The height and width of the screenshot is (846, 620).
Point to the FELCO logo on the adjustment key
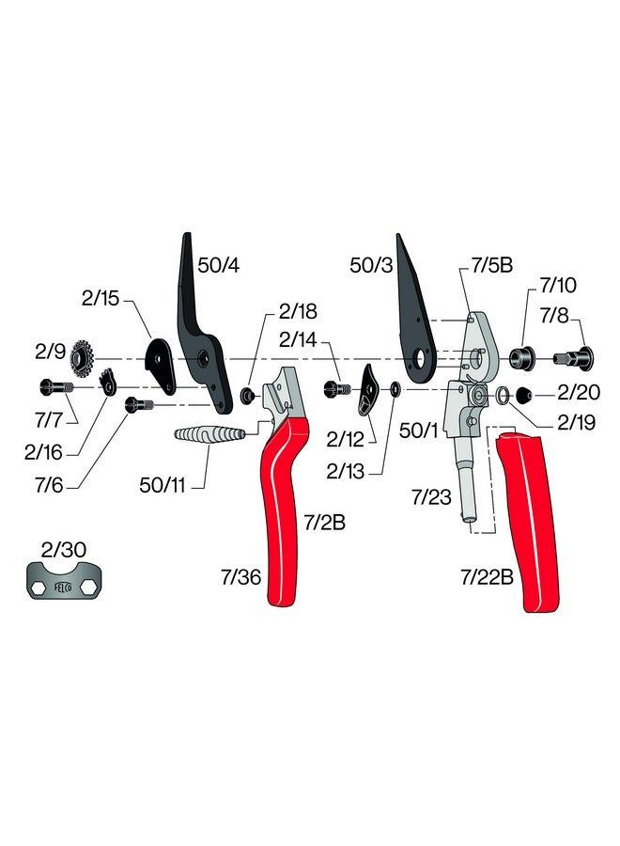(x=64, y=587)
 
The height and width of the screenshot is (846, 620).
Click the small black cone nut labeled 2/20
(x=523, y=396)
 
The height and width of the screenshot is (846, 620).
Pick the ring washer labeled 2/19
(x=502, y=396)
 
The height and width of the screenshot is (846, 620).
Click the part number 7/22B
(x=487, y=577)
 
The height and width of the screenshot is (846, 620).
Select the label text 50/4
(x=218, y=265)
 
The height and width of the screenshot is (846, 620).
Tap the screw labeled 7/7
(x=56, y=386)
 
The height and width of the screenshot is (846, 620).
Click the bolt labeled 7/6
(x=140, y=404)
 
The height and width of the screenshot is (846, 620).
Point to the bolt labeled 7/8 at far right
(x=575, y=357)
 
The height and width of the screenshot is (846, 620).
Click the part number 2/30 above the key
(x=64, y=550)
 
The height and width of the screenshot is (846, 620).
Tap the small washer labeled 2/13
(x=395, y=388)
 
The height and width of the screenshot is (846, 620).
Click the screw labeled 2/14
(x=337, y=388)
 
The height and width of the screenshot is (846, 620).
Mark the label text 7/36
(x=240, y=577)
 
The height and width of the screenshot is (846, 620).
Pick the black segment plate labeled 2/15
(x=160, y=366)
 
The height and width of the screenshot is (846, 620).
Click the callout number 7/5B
(x=491, y=265)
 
